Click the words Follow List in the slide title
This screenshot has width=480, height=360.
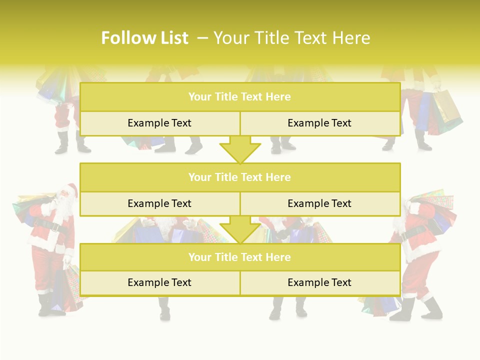(144, 38)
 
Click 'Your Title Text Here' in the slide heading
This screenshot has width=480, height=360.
(291, 38)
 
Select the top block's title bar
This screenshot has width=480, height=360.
(239, 97)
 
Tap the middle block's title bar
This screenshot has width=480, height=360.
(239, 177)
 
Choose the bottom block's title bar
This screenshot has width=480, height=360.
(239, 257)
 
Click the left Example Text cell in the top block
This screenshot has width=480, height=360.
(159, 123)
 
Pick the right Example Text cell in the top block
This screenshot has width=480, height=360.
(319, 123)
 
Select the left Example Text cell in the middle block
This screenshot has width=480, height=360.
(159, 203)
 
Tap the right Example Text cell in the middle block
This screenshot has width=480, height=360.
(319, 203)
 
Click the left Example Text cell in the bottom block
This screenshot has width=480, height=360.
(159, 282)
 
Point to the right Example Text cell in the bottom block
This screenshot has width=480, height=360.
(319, 282)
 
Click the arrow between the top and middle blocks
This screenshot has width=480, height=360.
(240, 150)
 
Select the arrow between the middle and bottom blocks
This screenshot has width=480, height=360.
(240, 230)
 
